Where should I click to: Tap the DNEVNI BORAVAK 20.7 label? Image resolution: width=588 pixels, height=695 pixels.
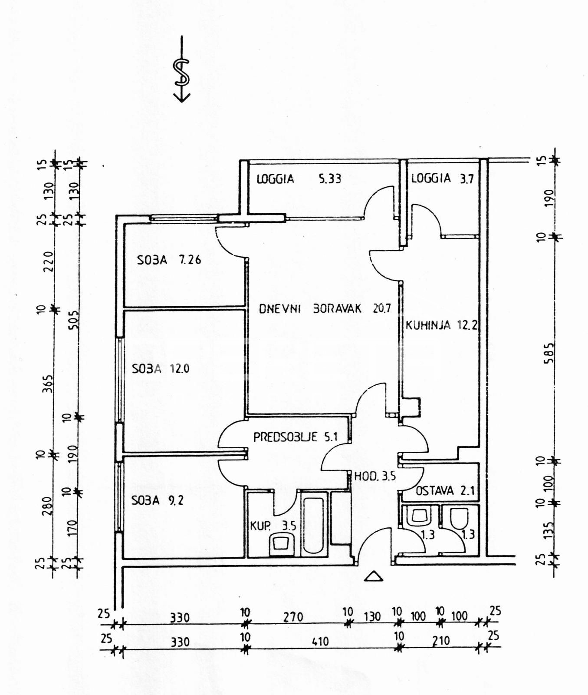point(325,309)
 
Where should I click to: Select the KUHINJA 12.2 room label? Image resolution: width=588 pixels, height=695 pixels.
point(441,324)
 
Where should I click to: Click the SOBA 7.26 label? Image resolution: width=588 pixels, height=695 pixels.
point(169,260)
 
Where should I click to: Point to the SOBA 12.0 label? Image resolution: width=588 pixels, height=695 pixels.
point(161,369)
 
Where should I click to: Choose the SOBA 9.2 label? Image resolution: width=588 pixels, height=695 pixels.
point(157,500)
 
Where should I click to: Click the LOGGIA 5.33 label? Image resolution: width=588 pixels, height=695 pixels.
point(299,179)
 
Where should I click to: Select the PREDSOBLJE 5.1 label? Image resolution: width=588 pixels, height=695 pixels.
point(295,437)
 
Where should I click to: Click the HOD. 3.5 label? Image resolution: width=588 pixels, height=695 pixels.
point(375,476)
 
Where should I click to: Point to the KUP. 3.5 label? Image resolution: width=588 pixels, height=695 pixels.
point(273,526)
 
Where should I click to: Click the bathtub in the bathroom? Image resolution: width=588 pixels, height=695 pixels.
point(312,526)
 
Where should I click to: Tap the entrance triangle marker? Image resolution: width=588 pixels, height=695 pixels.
point(373,576)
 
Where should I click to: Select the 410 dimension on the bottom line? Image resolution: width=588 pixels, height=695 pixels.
point(320,641)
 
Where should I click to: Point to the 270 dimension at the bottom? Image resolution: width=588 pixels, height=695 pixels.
point(293,617)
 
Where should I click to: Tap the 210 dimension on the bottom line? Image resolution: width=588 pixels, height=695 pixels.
point(441,641)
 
